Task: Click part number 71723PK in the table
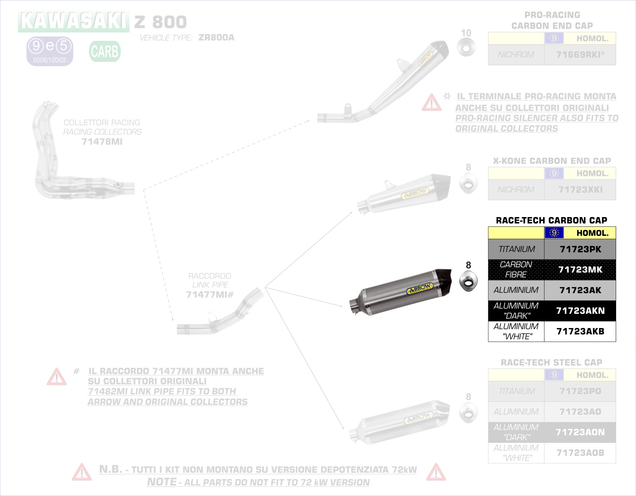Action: point(580,249)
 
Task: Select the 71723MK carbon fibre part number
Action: point(580,270)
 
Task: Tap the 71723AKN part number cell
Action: point(580,311)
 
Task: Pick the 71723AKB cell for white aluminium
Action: point(580,331)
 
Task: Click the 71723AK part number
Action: point(580,290)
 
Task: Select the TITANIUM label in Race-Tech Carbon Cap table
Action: point(516,249)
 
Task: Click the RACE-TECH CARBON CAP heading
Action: point(551,220)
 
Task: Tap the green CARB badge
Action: point(105,51)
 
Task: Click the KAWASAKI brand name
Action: point(73,21)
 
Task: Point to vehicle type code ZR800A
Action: point(216,37)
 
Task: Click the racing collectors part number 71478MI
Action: point(102,142)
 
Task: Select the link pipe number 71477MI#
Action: point(210,295)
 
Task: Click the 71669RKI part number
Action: point(580,55)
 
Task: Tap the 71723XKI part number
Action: point(580,190)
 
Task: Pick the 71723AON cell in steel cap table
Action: point(580,432)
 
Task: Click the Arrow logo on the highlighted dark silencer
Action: point(420,289)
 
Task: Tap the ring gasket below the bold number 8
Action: point(468,282)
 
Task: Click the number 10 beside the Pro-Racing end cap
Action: point(466,33)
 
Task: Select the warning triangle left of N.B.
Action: point(81,472)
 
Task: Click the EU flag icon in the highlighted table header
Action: point(554,233)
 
